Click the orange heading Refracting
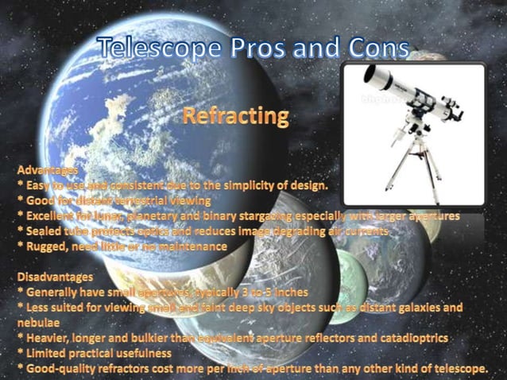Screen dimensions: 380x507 point(235,116)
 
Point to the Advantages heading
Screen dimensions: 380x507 point(47,171)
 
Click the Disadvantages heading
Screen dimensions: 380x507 point(55,277)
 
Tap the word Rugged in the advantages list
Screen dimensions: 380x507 point(47,246)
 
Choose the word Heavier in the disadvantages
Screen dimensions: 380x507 point(49,339)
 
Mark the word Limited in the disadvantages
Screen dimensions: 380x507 point(48,354)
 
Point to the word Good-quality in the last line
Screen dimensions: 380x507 point(62,369)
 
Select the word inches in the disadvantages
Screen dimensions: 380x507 point(284,293)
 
